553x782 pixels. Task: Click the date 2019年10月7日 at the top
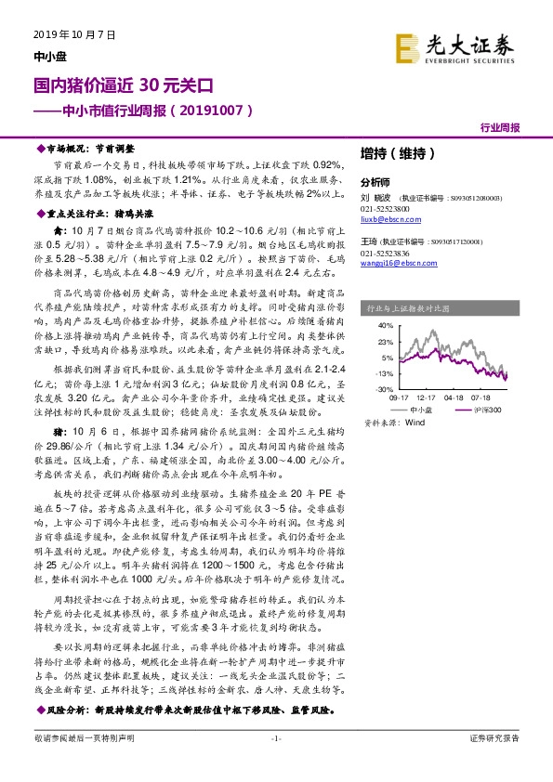tap(66, 34)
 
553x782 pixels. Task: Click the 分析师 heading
tap(375, 182)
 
